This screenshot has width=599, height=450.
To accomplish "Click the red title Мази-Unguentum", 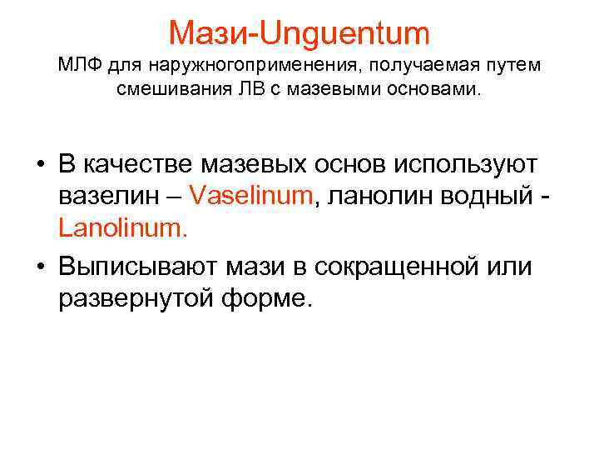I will point(299,33).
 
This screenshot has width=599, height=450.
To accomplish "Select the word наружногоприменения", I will point(230,65).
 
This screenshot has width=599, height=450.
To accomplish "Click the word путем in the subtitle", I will point(510,65).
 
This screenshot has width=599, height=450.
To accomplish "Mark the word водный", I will point(491,195).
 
